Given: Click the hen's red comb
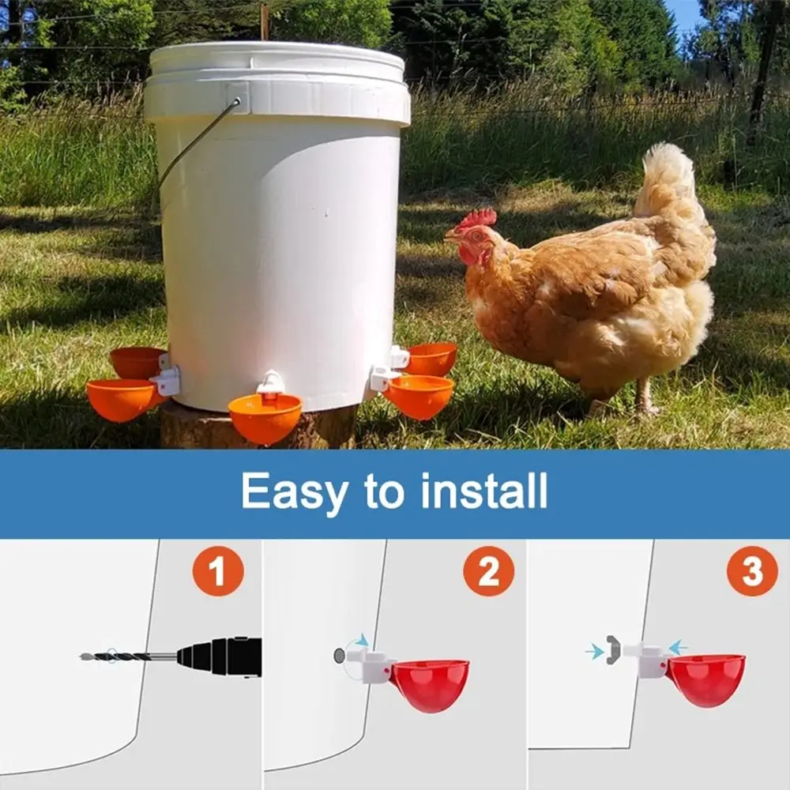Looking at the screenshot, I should click(x=479, y=218).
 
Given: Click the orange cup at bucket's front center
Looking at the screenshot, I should click(x=265, y=419).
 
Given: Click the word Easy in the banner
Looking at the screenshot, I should click(x=293, y=492).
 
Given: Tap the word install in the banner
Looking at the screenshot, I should click(x=483, y=491).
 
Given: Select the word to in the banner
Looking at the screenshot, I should click(x=385, y=492).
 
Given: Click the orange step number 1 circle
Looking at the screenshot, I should click(x=218, y=571).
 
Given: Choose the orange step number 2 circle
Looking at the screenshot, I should click(x=488, y=571).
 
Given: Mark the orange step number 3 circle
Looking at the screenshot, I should click(x=752, y=571).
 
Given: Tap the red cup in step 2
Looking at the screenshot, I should click(x=431, y=684).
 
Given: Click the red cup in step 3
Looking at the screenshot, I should click(x=706, y=679).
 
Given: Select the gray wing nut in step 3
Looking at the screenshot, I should click(x=613, y=649).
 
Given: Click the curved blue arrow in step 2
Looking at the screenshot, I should click(x=360, y=641).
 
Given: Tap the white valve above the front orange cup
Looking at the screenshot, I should click(x=271, y=383).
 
